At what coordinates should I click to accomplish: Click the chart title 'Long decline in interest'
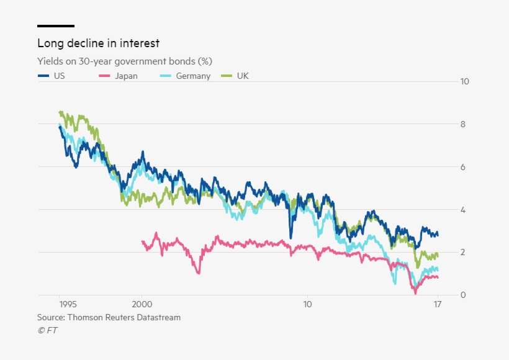[x=98, y=43]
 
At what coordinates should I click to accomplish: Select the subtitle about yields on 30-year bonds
[x=125, y=61]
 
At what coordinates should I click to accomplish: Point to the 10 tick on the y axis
[x=464, y=81]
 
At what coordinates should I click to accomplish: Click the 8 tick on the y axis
[x=462, y=124]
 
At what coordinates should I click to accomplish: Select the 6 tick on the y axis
[x=462, y=167]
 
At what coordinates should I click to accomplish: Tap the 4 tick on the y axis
[x=462, y=210]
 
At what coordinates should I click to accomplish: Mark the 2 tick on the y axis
[x=462, y=252]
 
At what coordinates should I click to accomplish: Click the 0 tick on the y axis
[x=462, y=295]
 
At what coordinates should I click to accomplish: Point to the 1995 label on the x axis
[x=68, y=305]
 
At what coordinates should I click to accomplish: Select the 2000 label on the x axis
[x=142, y=305]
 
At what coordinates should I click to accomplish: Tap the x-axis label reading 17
[x=438, y=305]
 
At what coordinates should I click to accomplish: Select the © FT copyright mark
[x=47, y=330]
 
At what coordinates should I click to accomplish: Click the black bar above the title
[x=56, y=26]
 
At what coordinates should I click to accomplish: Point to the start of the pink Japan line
[x=143, y=242]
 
